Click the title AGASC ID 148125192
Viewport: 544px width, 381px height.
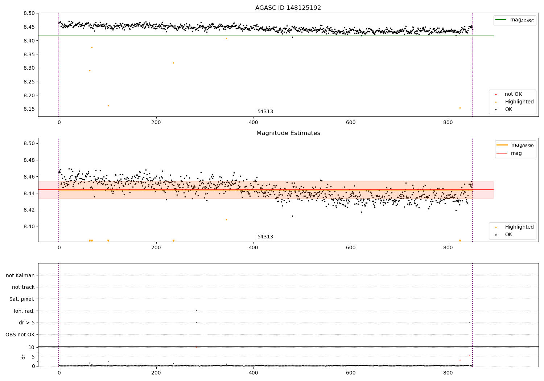click(x=288, y=8)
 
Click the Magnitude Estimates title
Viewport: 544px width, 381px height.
click(x=288, y=133)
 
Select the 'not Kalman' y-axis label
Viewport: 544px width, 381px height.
click(x=20, y=275)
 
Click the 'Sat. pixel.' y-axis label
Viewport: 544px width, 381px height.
click(x=22, y=299)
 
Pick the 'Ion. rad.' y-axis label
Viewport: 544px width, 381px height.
click(x=24, y=311)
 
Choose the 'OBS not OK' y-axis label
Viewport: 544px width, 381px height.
click(x=20, y=335)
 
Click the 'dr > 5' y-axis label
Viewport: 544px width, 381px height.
click(x=26, y=323)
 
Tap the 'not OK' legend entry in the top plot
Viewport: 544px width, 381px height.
click(x=513, y=94)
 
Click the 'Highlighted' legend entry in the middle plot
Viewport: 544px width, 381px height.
click(x=519, y=227)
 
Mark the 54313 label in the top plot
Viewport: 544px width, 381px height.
click(x=265, y=112)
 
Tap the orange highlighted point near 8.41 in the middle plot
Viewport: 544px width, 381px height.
click(x=226, y=220)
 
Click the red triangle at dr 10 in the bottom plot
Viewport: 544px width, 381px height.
click(x=196, y=348)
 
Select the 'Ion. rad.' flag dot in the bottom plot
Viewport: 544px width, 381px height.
click(x=196, y=311)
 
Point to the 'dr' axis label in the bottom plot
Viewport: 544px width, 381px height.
click(x=24, y=357)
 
